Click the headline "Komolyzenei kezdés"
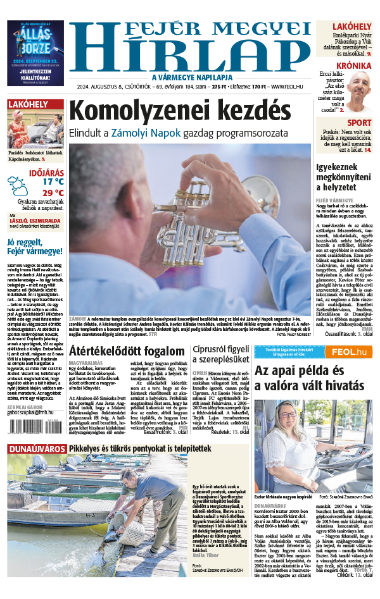click(x=183, y=114)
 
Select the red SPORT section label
click(x=359, y=123)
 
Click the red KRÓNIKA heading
click(x=354, y=65)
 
